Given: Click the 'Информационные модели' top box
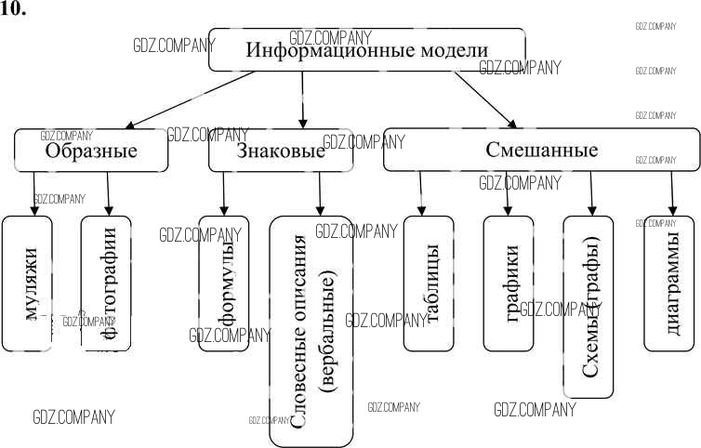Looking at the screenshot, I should point(366,50).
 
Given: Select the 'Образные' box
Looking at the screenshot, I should point(91,151).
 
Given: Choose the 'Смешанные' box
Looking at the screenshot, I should point(541,150).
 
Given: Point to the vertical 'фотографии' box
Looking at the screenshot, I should point(106,283).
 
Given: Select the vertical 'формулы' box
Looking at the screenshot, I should point(224,283).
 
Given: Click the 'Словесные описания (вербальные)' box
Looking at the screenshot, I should point(311,330).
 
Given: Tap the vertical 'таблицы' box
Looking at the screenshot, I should point(429,283).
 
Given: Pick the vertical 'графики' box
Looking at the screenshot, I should point(508,283).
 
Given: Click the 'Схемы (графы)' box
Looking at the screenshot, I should point(589,307).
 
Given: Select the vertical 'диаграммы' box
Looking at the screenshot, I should point(669,283).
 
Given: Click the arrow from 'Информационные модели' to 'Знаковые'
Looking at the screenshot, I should point(302,99).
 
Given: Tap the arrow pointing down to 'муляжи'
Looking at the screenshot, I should point(34,193).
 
